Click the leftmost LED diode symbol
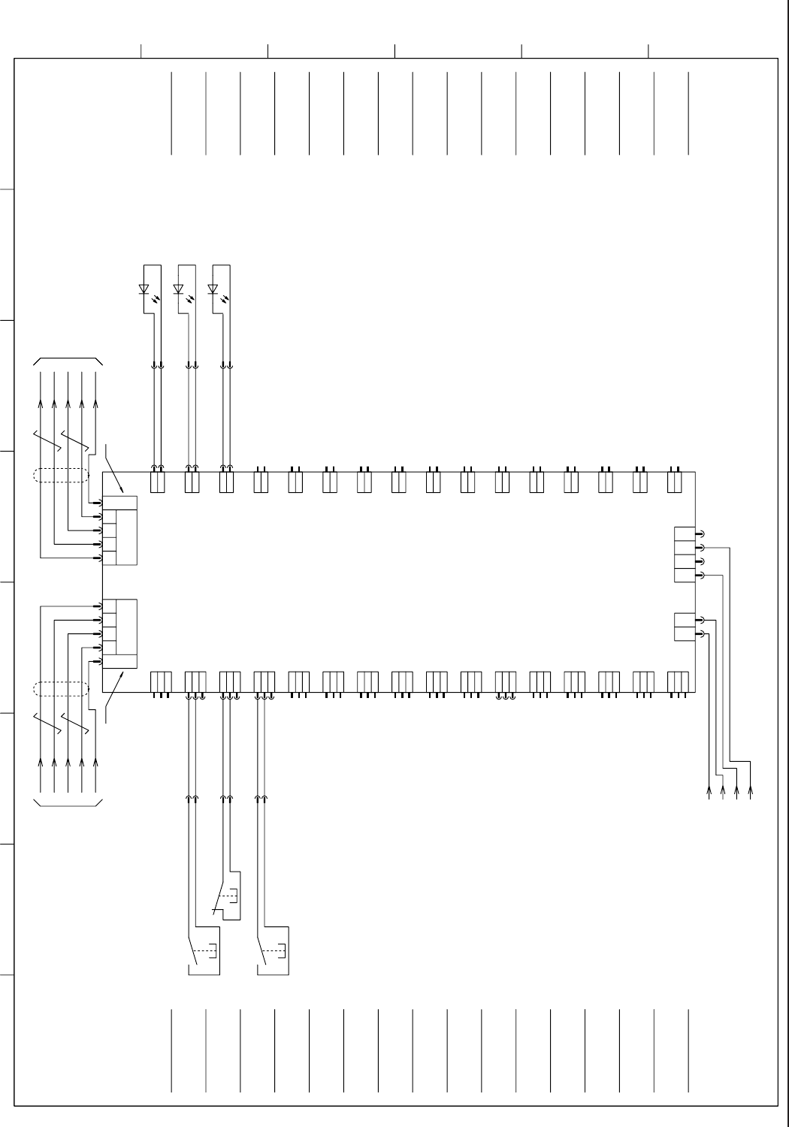point(144,289)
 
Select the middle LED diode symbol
point(178,289)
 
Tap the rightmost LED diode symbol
point(213,289)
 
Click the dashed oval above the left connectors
point(61,475)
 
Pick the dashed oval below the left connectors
point(61,688)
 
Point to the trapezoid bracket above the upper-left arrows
point(68,361)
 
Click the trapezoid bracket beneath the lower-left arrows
point(68,804)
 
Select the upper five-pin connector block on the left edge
point(119,530)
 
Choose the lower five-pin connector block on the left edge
point(119,633)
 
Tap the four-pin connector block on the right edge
point(685,554)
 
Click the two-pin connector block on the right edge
point(685,627)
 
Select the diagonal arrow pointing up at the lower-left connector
point(113,698)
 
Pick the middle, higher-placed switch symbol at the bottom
point(226,897)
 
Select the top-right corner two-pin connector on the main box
point(675,482)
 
